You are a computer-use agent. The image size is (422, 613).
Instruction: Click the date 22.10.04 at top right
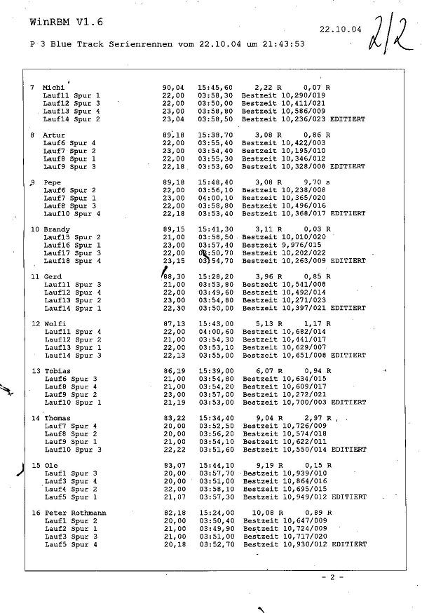click(340, 30)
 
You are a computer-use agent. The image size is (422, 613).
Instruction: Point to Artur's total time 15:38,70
click(215, 135)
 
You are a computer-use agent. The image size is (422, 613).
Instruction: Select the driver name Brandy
click(57, 229)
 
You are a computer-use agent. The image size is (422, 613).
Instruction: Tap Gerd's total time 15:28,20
click(216, 277)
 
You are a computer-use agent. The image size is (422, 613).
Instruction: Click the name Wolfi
click(55, 324)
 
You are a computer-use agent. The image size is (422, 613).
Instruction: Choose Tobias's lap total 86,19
click(174, 371)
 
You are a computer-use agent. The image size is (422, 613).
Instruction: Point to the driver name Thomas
click(57, 419)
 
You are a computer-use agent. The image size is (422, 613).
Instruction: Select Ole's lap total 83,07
click(175, 466)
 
